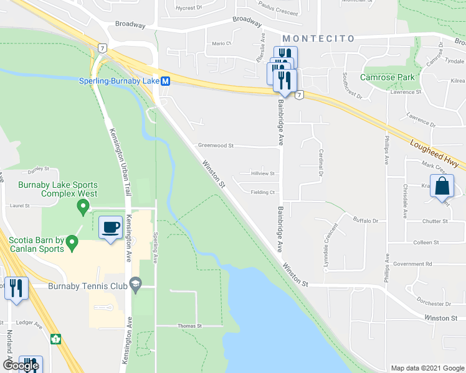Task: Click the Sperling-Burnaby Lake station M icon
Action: pos(166,81)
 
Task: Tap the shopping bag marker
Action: pos(442,187)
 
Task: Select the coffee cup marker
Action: pos(111,228)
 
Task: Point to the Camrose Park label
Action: pos(387,77)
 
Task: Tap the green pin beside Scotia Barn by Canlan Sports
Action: pos(72,241)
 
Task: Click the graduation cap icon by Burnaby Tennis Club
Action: pos(135,285)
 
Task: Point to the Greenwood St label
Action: pos(215,145)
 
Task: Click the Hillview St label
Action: pos(262,174)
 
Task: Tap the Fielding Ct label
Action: pos(263,192)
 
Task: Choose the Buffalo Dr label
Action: pos(366,221)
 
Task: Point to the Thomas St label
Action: pos(190,326)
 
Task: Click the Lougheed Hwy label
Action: pos(434,153)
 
